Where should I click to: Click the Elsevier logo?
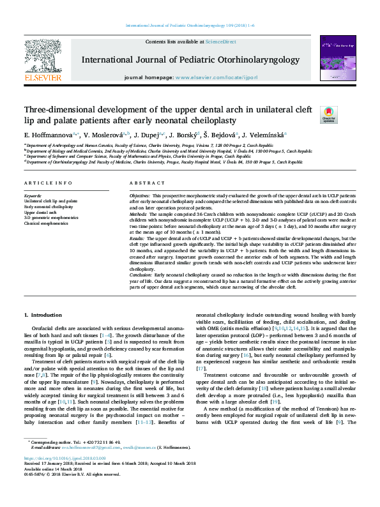(x=43, y=61)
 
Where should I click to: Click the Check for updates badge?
(x=328, y=114)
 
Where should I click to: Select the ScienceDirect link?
(x=220, y=42)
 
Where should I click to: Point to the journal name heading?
(x=190, y=59)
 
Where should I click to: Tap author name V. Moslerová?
(x=106, y=135)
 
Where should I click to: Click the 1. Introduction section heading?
(x=43, y=315)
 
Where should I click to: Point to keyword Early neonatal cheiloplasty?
(x=49, y=207)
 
